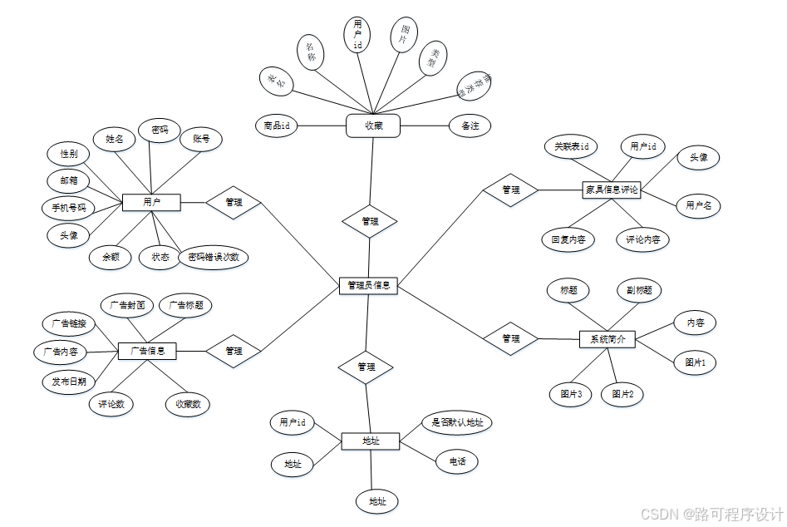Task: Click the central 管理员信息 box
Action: (x=369, y=285)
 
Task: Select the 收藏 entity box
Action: (x=373, y=126)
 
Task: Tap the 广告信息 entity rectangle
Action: (x=147, y=351)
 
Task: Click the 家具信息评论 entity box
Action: (x=612, y=190)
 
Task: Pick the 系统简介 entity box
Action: (x=607, y=338)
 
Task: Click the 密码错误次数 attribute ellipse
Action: (x=214, y=257)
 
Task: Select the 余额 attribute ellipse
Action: (x=111, y=257)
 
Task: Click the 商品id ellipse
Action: (x=277, y=126)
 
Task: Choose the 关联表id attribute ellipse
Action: (x=576, y=147)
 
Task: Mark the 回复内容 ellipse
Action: (x=568, y=240)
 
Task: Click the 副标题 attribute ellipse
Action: (x=639, y=290)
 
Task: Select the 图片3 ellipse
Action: (x=570, y=393)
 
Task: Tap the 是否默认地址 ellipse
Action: (x=457, y=421)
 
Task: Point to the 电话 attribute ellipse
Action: (x=457, y=461)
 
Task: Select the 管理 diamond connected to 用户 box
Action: (x=234, y=202)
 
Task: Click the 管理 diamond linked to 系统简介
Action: (x=511, y=338)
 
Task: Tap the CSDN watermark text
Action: (x=711, y=513)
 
